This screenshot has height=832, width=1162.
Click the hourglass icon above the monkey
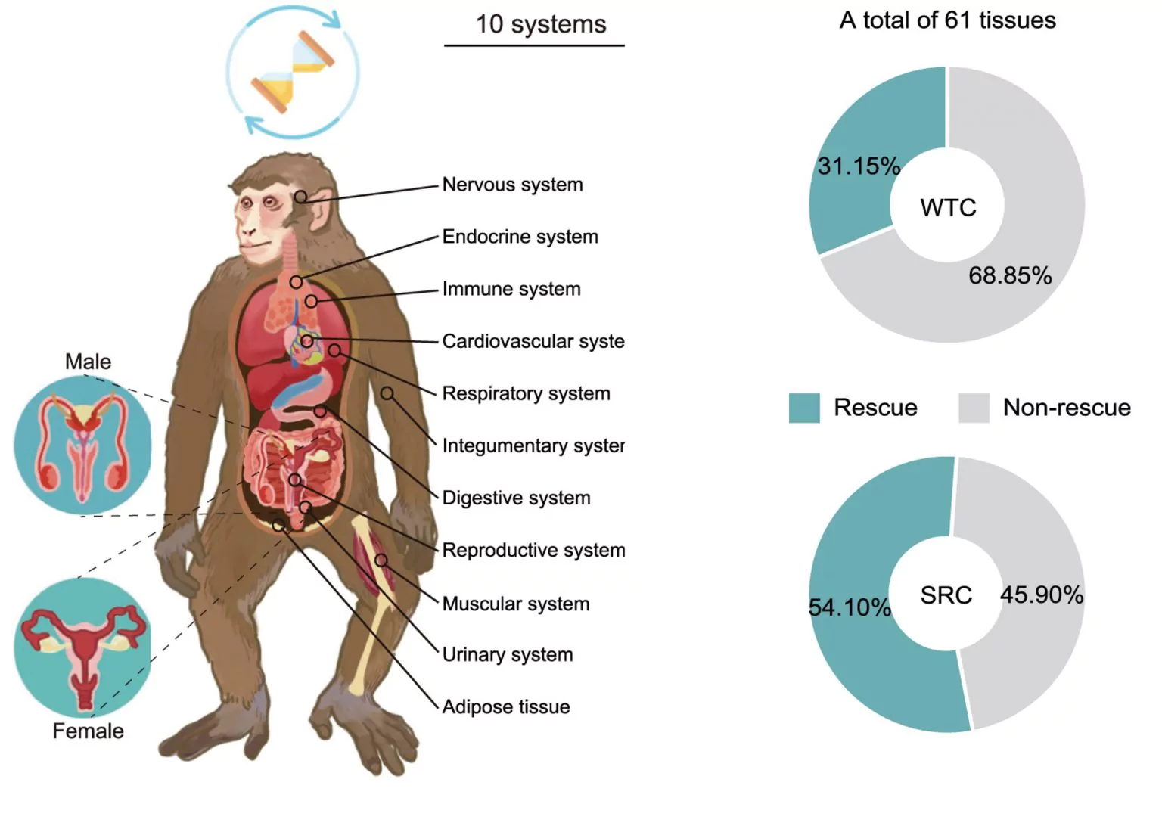click(x=292, y=73)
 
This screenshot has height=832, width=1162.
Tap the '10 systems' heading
click(x=540, y=24)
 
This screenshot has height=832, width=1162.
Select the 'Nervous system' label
click(x=512, y=185)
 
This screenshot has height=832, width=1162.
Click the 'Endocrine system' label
click(x=520, y=237)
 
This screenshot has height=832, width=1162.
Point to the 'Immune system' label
click(x=511, y=289)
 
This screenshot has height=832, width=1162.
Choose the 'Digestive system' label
click(x=516, y=498)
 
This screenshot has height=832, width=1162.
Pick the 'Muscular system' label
click(x=515, y=604)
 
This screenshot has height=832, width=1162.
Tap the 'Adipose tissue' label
click(x=505, y=706)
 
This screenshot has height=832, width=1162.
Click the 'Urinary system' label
click(x=507, y=654)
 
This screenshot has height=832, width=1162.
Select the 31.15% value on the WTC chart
click(x=859, y=166)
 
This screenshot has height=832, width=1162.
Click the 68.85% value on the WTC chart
click(x=1010, y=275)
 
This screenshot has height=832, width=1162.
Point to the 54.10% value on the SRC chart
click(x=850, y=607)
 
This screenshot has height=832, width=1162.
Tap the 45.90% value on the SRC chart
click(x=1042, y=595)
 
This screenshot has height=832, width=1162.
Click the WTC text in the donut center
click(x=948, y=207)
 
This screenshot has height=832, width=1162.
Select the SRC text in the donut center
click(x=946, y=595)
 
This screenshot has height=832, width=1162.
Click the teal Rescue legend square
click(x=803, y=408)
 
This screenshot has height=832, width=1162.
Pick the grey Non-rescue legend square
click(x=974, y=408)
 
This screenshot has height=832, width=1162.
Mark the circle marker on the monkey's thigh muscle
click(x=381, y=560)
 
